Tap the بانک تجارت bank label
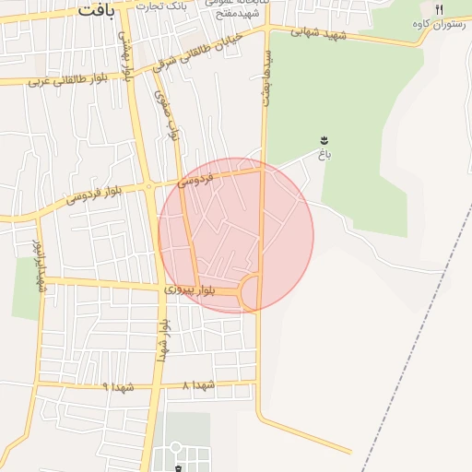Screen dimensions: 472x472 (x=160, y=6)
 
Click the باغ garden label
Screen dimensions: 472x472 (x=324, y=154)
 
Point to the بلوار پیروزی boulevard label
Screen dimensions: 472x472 (x=190, y=290)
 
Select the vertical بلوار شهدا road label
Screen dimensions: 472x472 (x=163, y=341)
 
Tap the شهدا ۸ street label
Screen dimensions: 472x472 (x=198, y=384)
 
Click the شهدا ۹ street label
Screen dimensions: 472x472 (x=118, y=387)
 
